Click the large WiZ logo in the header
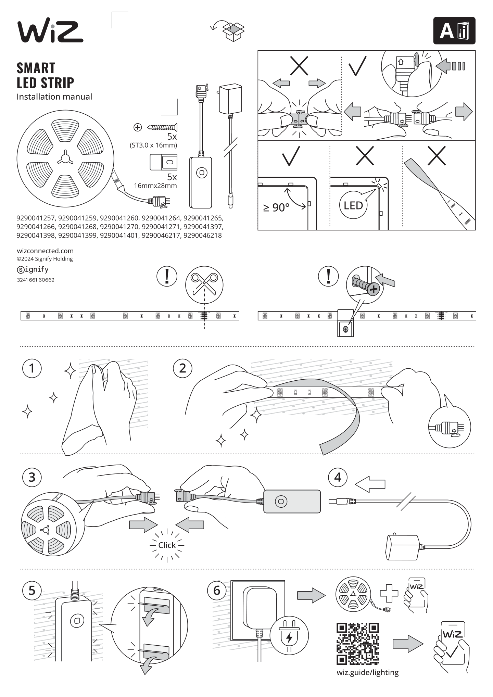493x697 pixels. click(50, 32)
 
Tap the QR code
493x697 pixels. click(358, 644)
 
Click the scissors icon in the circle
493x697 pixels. click(204, 284)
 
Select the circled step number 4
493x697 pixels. click(338, 477)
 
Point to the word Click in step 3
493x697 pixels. click(167, 545)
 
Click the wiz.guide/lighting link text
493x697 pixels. click(368, 673)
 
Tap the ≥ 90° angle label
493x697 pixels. click(276, 207)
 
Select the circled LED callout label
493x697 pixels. click(353, 205)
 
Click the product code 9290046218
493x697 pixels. click(203, 236)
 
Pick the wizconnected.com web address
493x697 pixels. click(45, 251)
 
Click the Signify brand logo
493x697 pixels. click(33, 269)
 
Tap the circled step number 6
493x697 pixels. click(217, 590)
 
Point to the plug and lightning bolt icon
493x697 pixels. click(289, 635)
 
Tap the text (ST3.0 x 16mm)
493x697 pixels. click(153, 145)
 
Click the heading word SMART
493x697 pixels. click(36, 68)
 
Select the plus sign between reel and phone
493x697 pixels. click(389, 593)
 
